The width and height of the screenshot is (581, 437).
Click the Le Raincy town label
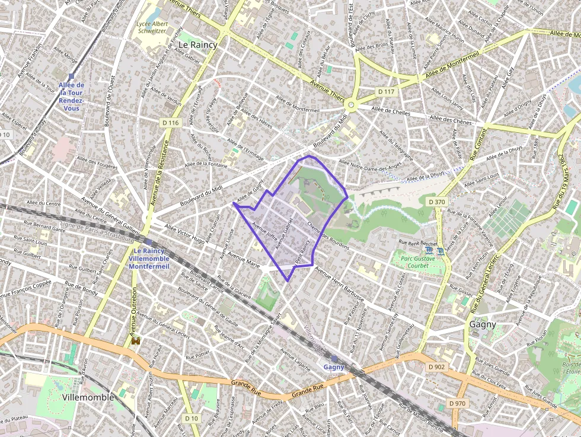coord(198,44)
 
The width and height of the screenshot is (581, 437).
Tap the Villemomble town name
coord(88,397)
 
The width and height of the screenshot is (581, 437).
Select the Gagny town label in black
coord(483,324)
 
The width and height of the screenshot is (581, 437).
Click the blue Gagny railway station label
coord(334,367)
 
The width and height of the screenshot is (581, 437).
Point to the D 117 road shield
coord(386,91)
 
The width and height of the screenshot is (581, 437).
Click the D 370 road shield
coord(436,202)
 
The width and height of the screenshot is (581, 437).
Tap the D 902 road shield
coord(436,367)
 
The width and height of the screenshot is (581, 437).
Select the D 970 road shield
coord(457,403)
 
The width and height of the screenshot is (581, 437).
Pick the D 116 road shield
coord(170,123)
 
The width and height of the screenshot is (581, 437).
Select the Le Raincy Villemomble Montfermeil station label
coord(149,259)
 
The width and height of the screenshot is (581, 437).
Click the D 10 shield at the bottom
coord(191,419)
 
